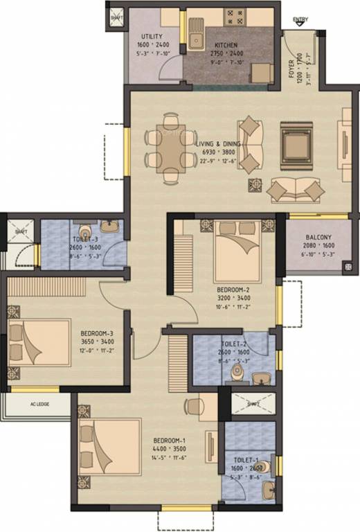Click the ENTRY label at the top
coord(300,19)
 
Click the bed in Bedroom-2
coord(237,250)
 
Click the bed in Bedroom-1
coord(109,446)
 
